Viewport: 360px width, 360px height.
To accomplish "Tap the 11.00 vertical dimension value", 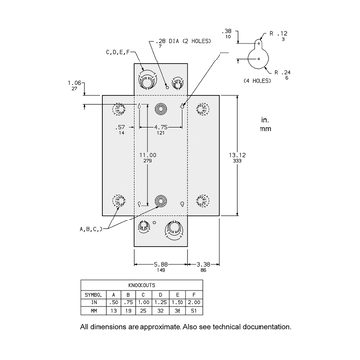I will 148,154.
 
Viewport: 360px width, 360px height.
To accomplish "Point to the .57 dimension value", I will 122,127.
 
